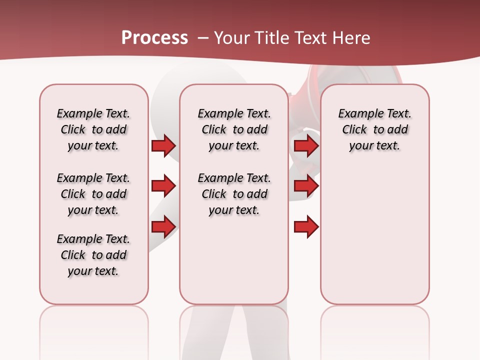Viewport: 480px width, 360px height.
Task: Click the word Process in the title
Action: pyautogui.click(x=154, y=38)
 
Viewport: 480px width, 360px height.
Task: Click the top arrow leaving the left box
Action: pyautogui.click(x=163, y=145)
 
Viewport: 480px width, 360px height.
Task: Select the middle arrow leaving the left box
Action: pyautogui.click(x=163, y=186)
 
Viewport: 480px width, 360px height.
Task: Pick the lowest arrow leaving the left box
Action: pyautogui.click(x=163, y=227)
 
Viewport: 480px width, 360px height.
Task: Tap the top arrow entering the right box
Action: pyautogui.click(x=306, y=145)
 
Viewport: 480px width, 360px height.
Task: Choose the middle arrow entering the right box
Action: pyautogui.click(x=306, y=186)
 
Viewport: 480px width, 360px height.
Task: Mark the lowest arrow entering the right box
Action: pyautogui.click(x=306, y=227)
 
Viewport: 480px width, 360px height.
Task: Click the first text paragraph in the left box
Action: pyautogui.click(x=93, y=129)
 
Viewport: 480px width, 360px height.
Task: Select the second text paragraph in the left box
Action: pyautogui.click(x=93, y=194)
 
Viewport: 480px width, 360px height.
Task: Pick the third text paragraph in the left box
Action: pyautogui.click(x=93, y=255)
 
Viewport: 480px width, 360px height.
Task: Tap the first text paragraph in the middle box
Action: pyautogui.click(x=234, y=129)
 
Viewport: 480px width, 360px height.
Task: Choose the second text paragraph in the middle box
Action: pyautogui.click(x=234, y=194)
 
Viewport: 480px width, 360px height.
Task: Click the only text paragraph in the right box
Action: pyautogui.click(x=374, y=129)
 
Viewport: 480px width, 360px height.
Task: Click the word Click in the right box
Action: pyautogui.click(x=354, y=130)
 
